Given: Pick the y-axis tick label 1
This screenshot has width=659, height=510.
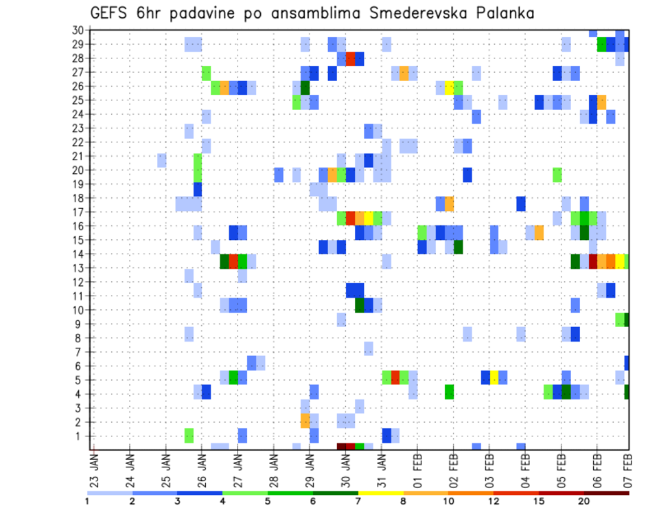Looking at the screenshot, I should pyautogui.click(x=80, y=436).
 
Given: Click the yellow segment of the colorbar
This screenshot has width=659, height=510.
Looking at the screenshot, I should pyautogui.click(x=381, y=493).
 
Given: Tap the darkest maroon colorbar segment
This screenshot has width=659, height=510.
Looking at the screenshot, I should pyautogui.click(x=607, y=493).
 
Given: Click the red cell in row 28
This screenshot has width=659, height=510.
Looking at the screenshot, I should pyautogui.click(x=350, y=58).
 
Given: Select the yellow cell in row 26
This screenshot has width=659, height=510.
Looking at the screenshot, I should pyautogui.click(x=449, y=87).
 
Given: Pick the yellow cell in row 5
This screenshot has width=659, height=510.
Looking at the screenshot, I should pyautogui.click(x=494, y=377).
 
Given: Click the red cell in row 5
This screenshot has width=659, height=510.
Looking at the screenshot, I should pyautogui.click(x=395, y=377).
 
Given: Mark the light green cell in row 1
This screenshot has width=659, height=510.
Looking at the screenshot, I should pyautogui.click(x=189, y=435).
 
